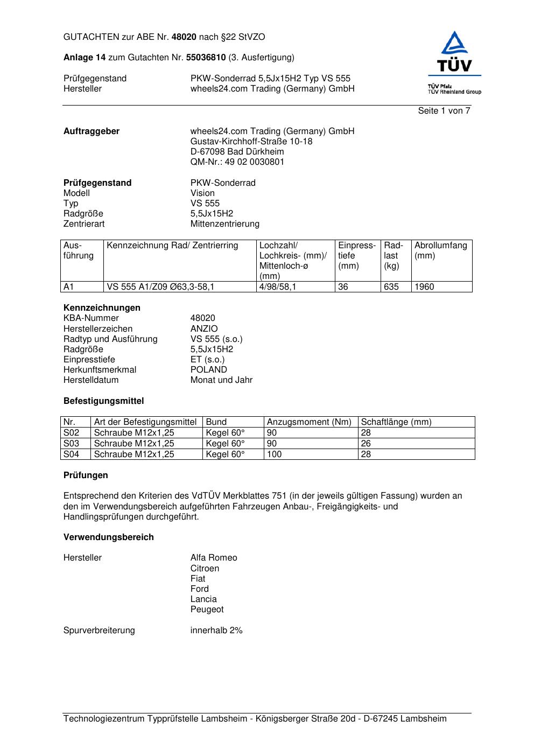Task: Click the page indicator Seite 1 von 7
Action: (444, 111)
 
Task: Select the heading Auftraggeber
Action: (92, 131)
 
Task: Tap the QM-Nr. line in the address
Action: (237, 162)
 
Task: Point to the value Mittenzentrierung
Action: (224, 224)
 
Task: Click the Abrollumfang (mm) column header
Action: (441, 250)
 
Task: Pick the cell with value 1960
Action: (424, 287)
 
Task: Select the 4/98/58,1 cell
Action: (278, 287)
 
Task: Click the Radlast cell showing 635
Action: (391, 287)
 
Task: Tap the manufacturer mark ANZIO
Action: (204, 329)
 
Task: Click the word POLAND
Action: (208, 370)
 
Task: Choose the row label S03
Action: (71, 444)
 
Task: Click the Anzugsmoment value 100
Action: (274, 454)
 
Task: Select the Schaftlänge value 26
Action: (366, 444)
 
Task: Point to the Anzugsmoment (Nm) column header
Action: (309, 422)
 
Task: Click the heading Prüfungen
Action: (86, 475)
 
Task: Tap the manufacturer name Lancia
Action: (203, 599)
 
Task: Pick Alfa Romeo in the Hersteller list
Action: (214, 558)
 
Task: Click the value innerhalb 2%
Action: (216, 631)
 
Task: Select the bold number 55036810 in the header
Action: (206, 58)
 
